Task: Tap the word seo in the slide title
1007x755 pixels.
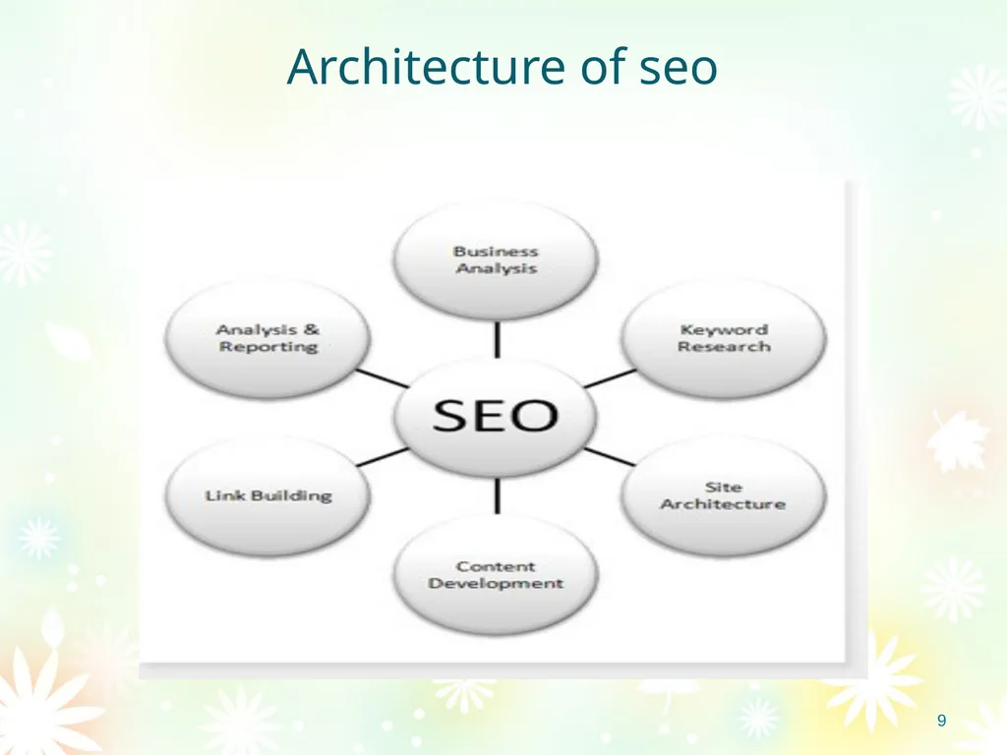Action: [x=679, y=69]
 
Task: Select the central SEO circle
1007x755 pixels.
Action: [x=496, y=416]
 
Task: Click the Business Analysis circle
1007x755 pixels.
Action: [x=496, y=260]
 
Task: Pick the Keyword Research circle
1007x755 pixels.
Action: [x=723, y=338]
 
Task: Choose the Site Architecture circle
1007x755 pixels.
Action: [x=723, y=495]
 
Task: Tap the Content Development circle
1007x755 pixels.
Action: [x=496, y=575]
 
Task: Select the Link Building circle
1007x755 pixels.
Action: [x=267, y=495]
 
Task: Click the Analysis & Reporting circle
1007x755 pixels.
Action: [x=267, y=338]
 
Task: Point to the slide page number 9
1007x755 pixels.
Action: [x=941, y=721]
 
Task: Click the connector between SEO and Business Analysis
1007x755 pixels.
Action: [x=497, y=339]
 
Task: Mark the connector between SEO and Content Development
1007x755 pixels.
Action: [x=497, y=496]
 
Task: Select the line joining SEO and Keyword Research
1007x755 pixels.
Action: [x=610, y=378]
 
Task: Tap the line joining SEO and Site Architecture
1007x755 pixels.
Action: [x=610, y=456]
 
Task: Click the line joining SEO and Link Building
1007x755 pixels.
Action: [x=383, y=456]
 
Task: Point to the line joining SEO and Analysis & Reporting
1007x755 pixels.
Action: [x=383, y=378]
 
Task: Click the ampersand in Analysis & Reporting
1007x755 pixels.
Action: [x=312, y=330]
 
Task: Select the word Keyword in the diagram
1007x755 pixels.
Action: [x=724, y=330]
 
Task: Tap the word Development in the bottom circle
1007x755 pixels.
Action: [x=496, y=584]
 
